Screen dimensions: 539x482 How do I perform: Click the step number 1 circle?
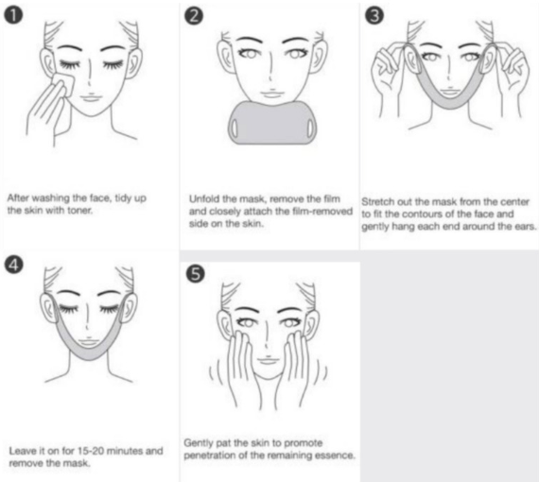point(13,16)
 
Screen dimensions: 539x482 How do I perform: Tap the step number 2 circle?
point(194,16)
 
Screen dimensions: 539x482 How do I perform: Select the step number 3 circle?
point(374,16)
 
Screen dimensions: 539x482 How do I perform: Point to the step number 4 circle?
point(14,266)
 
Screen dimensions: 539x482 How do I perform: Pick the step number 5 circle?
point(195,274)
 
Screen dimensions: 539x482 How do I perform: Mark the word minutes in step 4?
point(126,451)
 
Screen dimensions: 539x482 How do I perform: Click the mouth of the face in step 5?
point(269,360)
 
